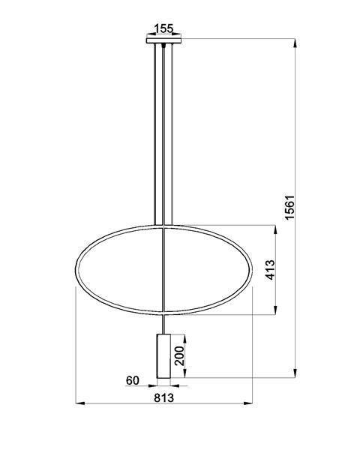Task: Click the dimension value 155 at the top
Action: (163, 28)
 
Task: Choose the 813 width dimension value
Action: (164, 397)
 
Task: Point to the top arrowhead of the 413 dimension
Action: (278, 228)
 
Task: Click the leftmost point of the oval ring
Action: (77, 269)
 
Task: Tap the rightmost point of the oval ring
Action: (252, 269)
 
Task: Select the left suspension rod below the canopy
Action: (155, 135)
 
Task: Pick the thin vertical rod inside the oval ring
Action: (163, 270)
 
